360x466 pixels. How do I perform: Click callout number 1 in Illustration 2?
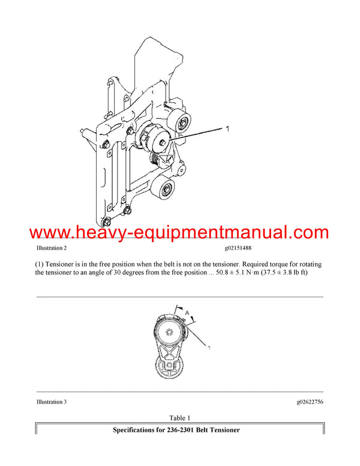tap(227, 129)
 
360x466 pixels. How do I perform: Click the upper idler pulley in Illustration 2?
tap(179, 123)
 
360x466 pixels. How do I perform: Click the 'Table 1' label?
tap(179, 418)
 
